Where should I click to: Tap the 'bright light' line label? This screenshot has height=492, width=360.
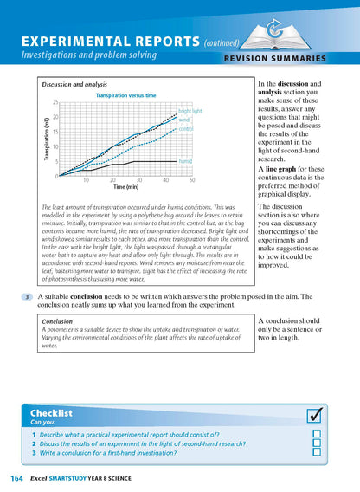(x=191, y=112)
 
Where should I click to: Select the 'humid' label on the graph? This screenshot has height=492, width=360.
(x=185, y=161)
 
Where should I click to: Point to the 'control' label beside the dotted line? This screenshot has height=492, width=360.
(x=186, y=129)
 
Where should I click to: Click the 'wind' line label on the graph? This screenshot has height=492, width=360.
(x=184, y=120)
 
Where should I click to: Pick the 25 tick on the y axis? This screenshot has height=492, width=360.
(x=55, y=102)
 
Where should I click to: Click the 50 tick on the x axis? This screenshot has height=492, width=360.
(x=192, y=180)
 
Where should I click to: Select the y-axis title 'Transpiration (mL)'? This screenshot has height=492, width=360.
(x=45, y=139)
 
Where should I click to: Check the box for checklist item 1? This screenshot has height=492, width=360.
(x=317, y=433)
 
